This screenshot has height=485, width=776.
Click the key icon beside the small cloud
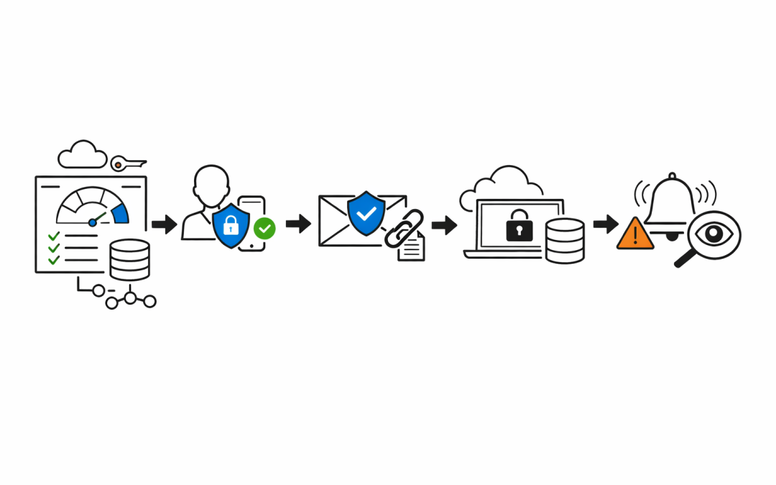point(128,165)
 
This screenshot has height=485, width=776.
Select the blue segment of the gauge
point(120,213)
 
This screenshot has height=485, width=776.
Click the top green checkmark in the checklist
point(53,236)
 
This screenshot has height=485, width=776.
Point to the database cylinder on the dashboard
point(129,259)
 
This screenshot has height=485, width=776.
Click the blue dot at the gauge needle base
point(93,223)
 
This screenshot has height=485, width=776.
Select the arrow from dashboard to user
point(165,224)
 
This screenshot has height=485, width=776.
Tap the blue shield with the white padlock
point(231,225)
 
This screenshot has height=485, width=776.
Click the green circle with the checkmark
point(264,229)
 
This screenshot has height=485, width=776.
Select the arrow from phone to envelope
point(297,224)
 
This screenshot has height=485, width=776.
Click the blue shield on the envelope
point(366,213)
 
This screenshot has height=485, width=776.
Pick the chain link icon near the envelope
point(403,229)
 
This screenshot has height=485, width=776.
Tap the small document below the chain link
point(412,249)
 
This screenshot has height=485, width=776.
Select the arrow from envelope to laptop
point(444,225)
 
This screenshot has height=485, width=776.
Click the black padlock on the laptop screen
point(519,227)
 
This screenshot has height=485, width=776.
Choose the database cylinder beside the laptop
point(565,241)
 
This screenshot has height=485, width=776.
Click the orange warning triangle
point(635,234)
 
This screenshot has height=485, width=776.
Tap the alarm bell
point(672,202)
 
